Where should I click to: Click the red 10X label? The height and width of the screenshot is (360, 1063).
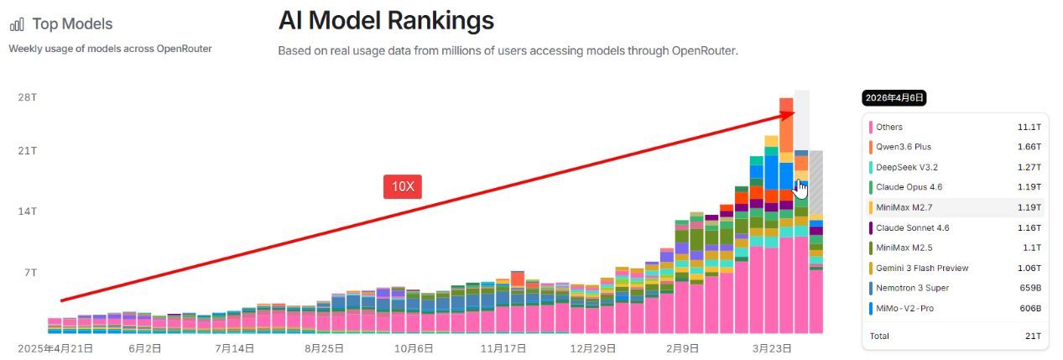pos(403,186)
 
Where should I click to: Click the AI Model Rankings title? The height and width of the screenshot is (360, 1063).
pos(386,20)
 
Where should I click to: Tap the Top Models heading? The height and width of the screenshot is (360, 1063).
pos(72,24)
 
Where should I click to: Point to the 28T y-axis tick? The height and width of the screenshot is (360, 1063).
pos(27,97)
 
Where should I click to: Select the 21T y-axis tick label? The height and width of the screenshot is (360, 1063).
pos(27,150)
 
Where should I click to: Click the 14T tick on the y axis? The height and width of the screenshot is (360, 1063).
pos(27,211)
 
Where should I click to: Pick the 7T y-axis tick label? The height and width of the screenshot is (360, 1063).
pos(29,273)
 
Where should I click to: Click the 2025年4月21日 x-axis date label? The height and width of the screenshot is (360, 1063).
pos(56,347)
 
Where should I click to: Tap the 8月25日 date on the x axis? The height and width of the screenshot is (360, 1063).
pos(325,347)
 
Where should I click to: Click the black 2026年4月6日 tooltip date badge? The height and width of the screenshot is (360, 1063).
pos(894,98)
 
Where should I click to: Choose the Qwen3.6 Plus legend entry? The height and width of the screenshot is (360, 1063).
pos(904,147)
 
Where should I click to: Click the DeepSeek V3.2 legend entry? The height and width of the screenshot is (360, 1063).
pos(907,167)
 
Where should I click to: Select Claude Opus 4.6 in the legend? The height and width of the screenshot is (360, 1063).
pos(910,187)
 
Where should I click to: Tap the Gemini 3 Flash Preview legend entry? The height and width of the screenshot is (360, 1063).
pos(922,268)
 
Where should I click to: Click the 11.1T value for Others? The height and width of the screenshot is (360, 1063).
pos(1029,127)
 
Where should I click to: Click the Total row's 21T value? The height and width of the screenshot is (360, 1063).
pos(1032,336)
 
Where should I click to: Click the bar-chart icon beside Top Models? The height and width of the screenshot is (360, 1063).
pos(17,24)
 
